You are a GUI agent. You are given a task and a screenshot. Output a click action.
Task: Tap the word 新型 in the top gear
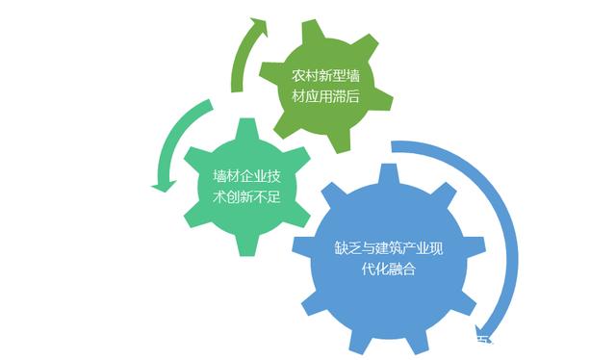coord(328,75)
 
